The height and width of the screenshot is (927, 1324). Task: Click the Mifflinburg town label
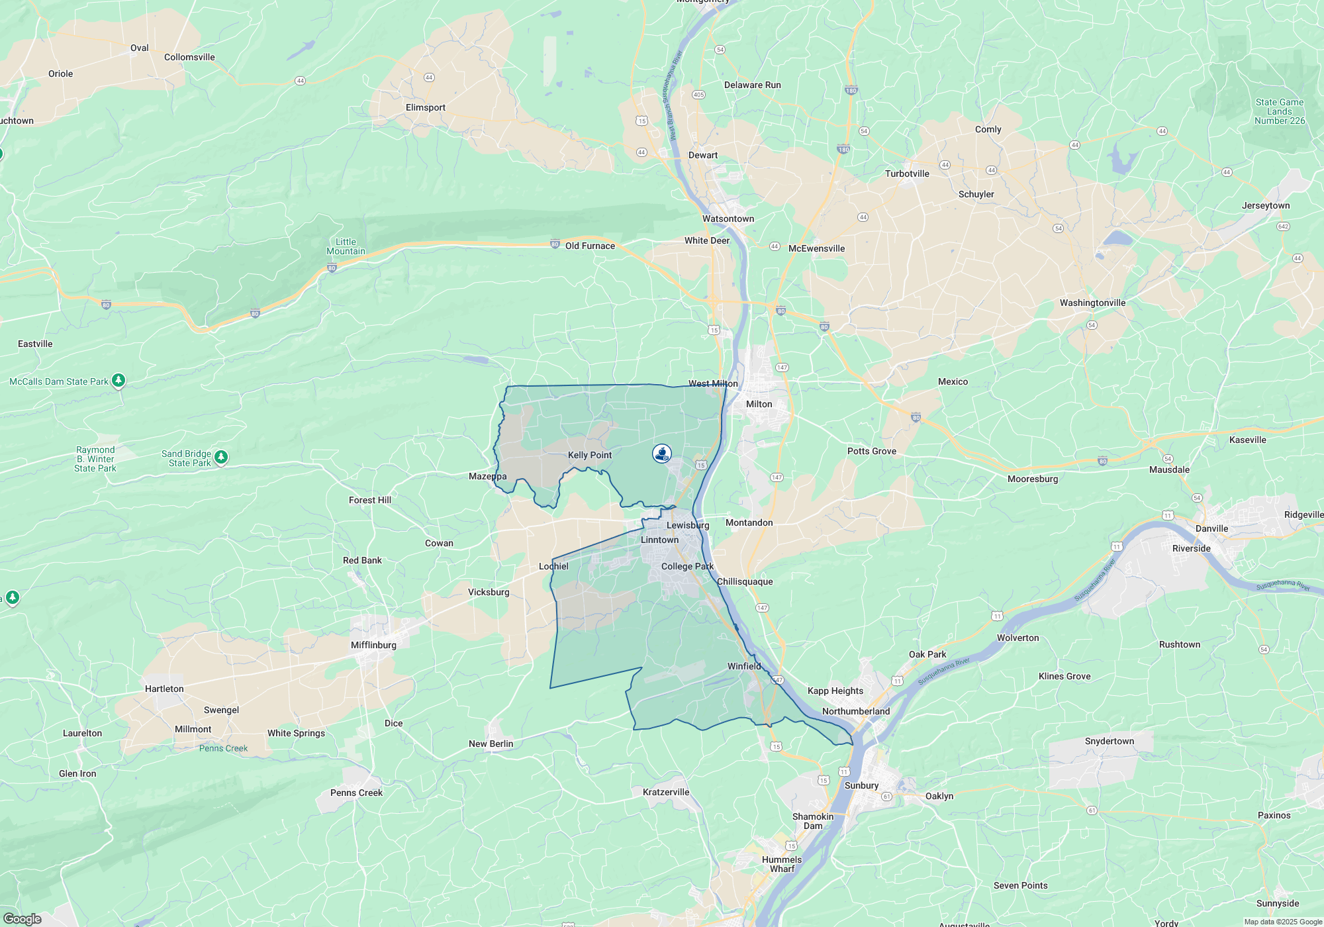[373, 645]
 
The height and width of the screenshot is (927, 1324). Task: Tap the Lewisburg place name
[688, 525]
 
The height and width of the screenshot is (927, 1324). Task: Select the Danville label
[1211, 528]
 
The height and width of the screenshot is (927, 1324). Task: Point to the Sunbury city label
[861, 785]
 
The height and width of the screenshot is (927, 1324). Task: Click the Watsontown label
[728, 219]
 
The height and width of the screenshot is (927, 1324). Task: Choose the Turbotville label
[907, 173]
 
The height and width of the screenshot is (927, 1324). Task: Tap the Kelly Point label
[590, 455]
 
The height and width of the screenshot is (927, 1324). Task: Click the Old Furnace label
[590, 246]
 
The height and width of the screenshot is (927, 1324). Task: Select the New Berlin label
[491, 744]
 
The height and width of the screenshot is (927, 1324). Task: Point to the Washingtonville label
[1092, 303]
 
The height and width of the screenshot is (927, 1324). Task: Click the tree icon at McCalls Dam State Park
[118, 380]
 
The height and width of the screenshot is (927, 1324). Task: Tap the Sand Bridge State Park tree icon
[221, 457]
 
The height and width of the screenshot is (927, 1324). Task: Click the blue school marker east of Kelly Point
[662, 454]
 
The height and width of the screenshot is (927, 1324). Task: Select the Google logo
[23, 919]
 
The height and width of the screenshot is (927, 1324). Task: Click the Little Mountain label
[346, 246]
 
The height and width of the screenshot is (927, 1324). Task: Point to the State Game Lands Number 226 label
[1280, 111]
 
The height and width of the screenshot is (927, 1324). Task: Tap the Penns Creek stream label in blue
[223, 748]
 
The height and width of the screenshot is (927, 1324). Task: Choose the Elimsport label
[425, 107]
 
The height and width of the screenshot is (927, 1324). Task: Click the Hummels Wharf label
[782, 864]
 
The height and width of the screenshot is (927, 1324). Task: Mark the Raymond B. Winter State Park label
[95, 459]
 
